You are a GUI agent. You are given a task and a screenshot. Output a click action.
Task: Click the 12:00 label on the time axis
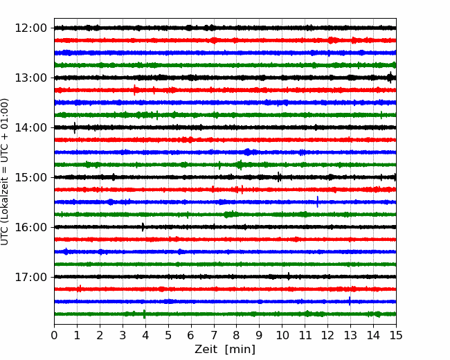[x=30, y=28]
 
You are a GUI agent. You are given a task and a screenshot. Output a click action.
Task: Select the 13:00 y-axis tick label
[x=30, y=78]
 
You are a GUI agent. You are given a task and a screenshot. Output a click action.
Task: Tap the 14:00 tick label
[x=30, y=127]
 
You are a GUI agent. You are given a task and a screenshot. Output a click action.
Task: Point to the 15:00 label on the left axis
[x=30, y=177]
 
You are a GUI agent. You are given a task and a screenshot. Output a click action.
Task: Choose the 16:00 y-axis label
[x=30, y=227]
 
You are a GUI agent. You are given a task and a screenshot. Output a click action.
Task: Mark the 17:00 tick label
[x=30, y=277]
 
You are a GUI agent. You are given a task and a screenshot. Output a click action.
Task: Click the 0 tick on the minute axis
[x=54, y=335]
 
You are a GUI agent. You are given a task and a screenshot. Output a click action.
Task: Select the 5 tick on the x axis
[x=168, y=335]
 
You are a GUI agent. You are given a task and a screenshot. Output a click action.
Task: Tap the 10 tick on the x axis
[x=282, y=335]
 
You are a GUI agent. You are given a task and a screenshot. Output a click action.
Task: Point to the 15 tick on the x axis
[x=396, y=335]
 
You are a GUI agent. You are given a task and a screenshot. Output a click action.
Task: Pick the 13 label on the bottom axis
[x=350, y=335]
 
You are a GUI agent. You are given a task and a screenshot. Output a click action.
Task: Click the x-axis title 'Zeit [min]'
[x=225, y=350]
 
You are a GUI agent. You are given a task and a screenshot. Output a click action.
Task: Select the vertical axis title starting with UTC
[x=5, y=172]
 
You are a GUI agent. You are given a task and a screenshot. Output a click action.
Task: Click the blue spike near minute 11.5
[x=317, y=202]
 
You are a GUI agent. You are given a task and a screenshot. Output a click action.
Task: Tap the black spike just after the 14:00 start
[x=75, y=128]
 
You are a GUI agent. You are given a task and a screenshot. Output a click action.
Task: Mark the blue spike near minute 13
[x=350, y=301]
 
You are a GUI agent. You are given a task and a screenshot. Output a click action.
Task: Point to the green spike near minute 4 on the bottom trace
[x=145, y=314]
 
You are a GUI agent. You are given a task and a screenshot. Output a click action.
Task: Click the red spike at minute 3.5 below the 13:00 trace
[x=134, y=90]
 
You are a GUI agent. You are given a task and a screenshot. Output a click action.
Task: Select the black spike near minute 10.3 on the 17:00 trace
[x=289, y=276]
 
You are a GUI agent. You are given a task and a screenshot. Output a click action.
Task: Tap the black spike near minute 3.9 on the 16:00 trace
[x=143, y=227]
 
